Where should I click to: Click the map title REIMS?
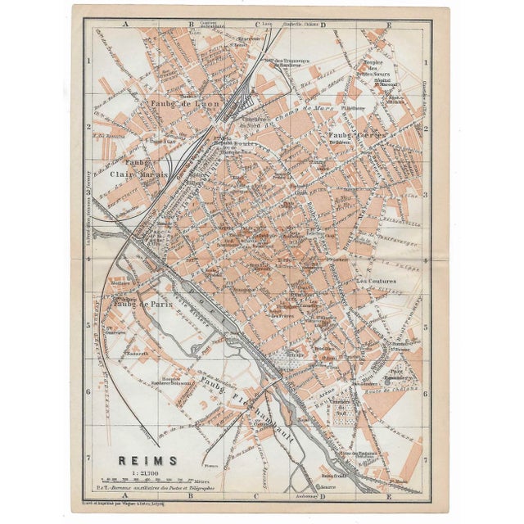(126, 460)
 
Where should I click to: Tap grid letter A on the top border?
(127, 24)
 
